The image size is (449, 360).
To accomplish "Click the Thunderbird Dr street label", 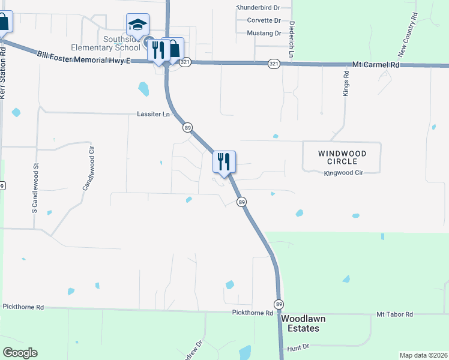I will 259,7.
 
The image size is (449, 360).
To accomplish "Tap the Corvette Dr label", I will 264,20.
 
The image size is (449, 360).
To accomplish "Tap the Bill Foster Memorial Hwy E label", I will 83,56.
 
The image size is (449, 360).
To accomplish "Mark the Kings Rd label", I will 346,84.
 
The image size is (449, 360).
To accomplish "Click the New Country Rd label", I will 408,36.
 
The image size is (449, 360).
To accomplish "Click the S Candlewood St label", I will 35,181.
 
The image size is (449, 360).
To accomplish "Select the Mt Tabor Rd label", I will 394,314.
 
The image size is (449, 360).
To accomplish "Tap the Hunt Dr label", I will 298,347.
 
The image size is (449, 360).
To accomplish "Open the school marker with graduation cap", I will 137,26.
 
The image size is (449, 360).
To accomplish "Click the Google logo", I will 20,353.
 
